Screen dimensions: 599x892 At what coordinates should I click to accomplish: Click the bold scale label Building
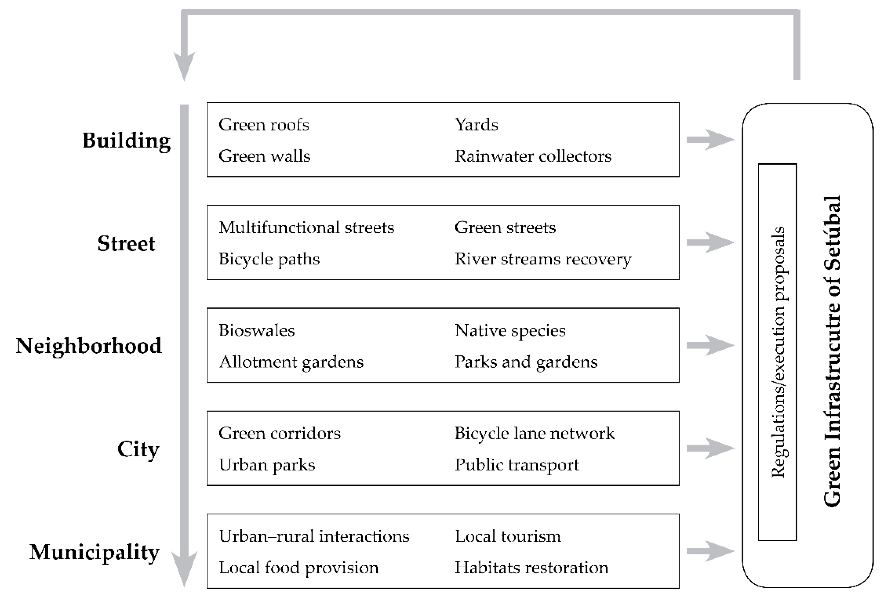tap(127, 141)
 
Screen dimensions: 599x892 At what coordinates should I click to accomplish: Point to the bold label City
tap(138, 449)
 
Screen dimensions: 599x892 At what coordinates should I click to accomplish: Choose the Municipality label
tap(94, 552)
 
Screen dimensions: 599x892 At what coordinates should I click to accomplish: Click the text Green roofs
tap(263, 125)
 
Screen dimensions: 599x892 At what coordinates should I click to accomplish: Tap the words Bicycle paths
tap(269, 259)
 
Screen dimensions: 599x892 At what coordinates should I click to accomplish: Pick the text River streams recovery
tap(543, 259)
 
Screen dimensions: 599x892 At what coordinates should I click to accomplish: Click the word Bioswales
tap(256, 330)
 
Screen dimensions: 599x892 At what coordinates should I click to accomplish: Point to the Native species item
tap(510, 330)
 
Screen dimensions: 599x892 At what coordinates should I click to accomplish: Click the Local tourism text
tap(508, 536)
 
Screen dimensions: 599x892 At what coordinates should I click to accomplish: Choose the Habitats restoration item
tap(531, 568)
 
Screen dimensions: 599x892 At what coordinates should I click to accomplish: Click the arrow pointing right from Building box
tap(710, 139)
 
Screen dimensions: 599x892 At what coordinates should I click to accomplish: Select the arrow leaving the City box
tap(710, 448)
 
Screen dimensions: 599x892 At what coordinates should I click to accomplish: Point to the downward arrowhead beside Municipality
tap(184, 569)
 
